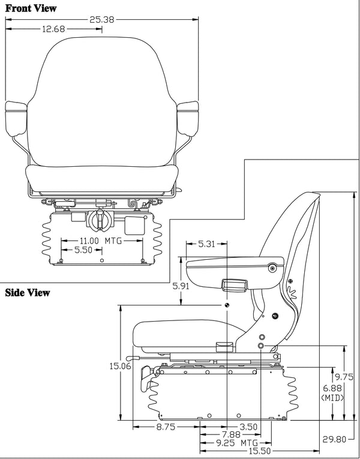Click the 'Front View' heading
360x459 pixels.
(x=31, y=8)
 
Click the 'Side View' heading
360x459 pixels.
(x=28, y=293)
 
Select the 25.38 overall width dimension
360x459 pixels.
(x=103, y=19)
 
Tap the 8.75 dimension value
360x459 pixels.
(x=166, y=427)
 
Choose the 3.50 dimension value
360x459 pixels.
(x=247, y=427)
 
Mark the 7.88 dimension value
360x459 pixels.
(x=230, y=434)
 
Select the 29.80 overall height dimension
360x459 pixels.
(x=333, y=439)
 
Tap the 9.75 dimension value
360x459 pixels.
(x=344, y=377)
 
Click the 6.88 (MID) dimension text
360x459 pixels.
(x=332, y=393)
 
